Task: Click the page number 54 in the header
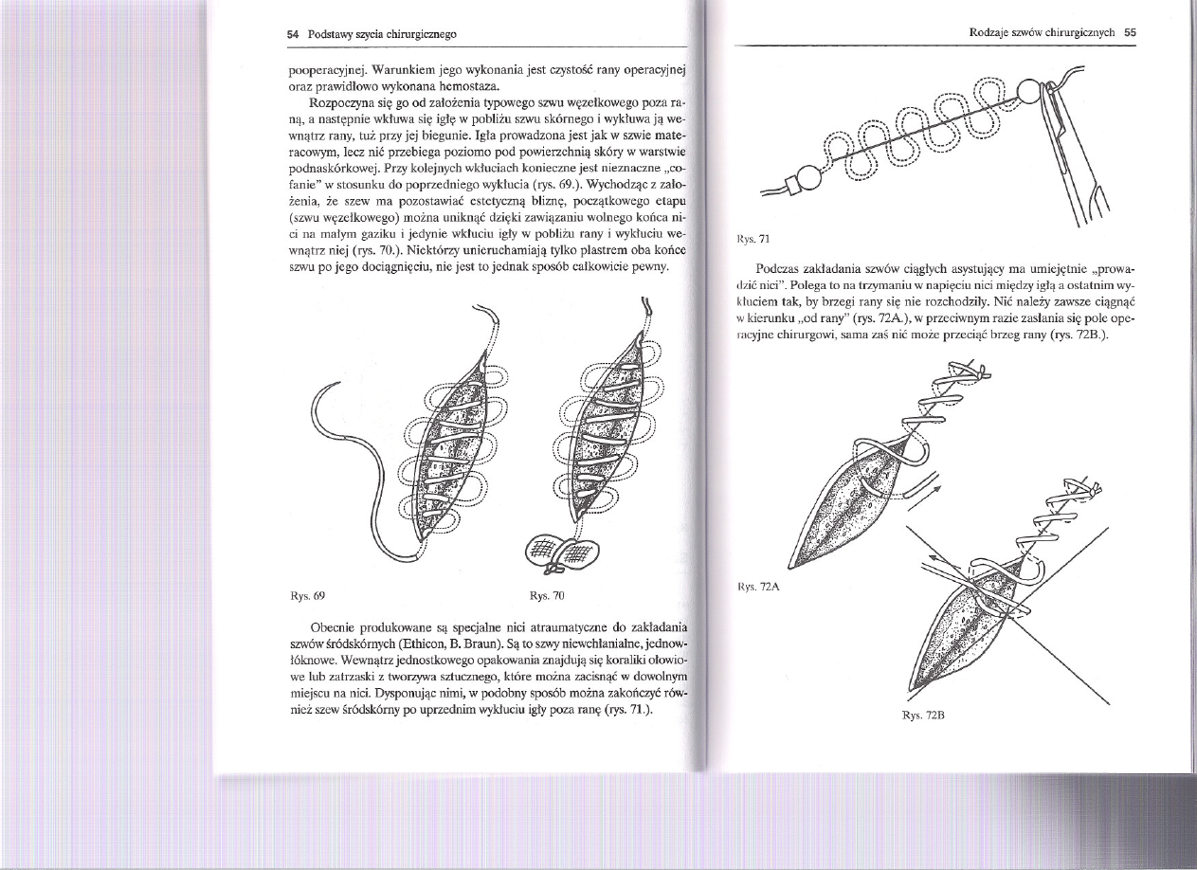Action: (293, 34)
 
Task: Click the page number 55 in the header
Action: (1129, 31)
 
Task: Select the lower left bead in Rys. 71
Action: (807, 177)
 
